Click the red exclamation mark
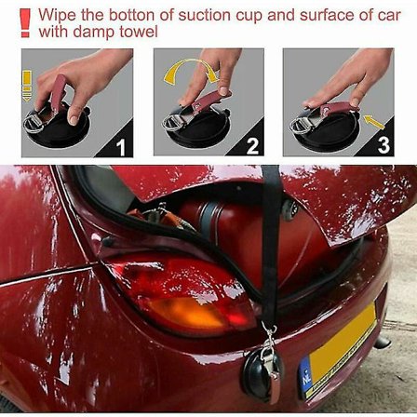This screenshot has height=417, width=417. coord(25,22)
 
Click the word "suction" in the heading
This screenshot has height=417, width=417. coord(205,15)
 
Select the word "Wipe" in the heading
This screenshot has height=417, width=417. coord(58,16)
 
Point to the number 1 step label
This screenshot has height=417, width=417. coord(120,147)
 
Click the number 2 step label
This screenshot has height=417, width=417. coord(252,146)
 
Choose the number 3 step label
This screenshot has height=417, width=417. coord(383,145)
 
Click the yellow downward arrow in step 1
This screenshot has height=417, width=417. coord(27,86)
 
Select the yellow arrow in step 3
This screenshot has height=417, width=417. coord(374,122)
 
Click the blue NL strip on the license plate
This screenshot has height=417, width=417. coord(305,375)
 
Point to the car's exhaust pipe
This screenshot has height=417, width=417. coord(382,343)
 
